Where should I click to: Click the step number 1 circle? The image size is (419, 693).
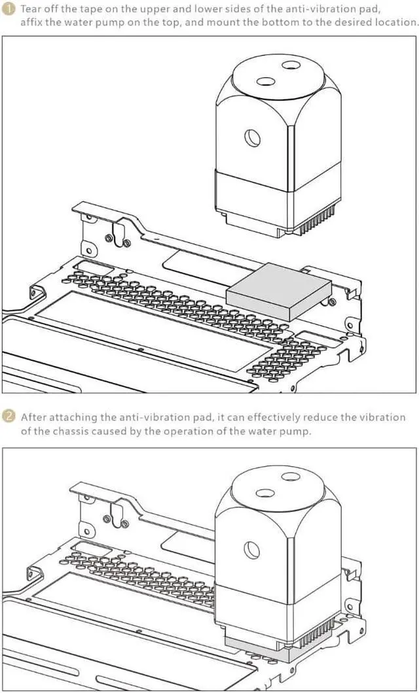point(9,10)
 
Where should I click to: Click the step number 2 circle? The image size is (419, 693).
point(9,416)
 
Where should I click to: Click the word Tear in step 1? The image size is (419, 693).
point(32,10)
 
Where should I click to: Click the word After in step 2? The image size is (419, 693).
point(33,417)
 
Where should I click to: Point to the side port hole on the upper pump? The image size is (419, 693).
point(253,137)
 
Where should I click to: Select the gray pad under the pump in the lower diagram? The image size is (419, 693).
point(262,651)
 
